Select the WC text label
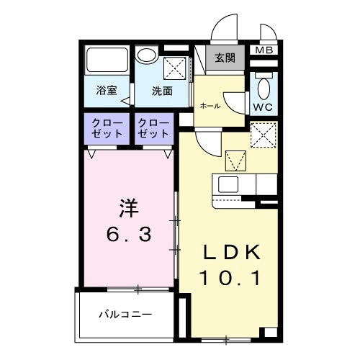click(262, 106)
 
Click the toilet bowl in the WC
click(263, 89)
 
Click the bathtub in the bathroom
click(107, 60)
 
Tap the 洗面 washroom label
click(162, 91)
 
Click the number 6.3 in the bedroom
click(129, 234)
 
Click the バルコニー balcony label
click(125, 315)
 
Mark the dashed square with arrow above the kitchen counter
click(235, 158)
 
